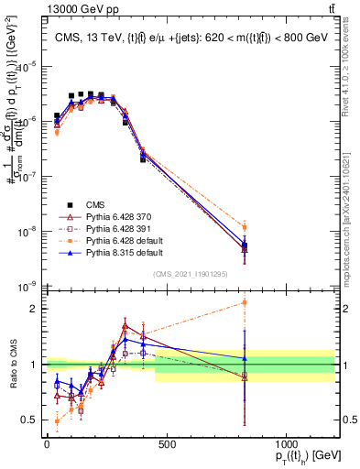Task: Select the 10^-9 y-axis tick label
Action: (29, 287)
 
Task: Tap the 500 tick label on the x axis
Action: (167, 443)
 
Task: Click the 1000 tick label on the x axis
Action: (287, 443)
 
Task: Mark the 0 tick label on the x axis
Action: (47, 443)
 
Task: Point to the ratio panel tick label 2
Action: (34, 309)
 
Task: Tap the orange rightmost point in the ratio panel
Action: (245, 302)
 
